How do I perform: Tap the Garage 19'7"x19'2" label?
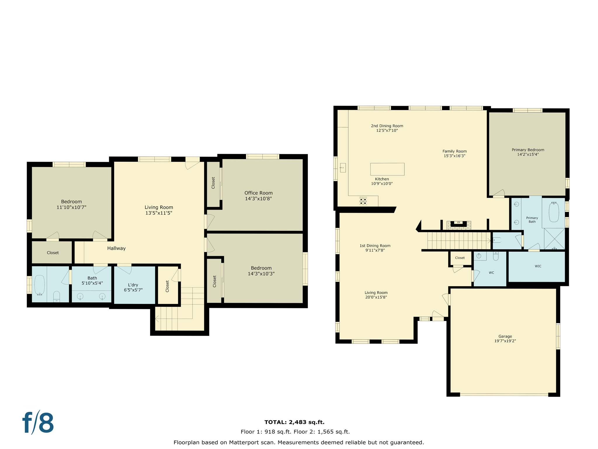pyautogui.click(x=505, y=339)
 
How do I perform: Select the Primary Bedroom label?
pyautogui.click(x=528, y=152)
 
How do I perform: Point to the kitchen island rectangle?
pyautogui.click(x=387, y=169)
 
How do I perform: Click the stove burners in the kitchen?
pyautogui.click(x=363, y=201)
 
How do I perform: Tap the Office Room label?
pyautogui.click(x=258, y=196)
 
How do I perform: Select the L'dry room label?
pyautogui.click(x=133, y=287)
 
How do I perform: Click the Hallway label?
pyautogui.click(x=116, y=248)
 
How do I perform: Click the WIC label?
pyautogui.click(x=538, y=266)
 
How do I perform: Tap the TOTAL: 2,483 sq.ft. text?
pyautogui.click(x=294, y=422)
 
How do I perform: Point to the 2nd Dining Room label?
pyautogui.click(x=387, y=128)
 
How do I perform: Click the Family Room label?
pyautogui.click(x=454, y=153)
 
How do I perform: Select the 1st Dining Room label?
pyautogui.click(x=375, y=248)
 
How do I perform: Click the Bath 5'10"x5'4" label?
pyautogui.click(x=92, y=280)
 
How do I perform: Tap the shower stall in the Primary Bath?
pyautogui.click(x=554, y=239)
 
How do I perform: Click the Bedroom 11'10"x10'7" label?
pyautogui.click(x=71, y=204)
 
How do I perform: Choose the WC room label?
pyautogui.click(x=491, y=273)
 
